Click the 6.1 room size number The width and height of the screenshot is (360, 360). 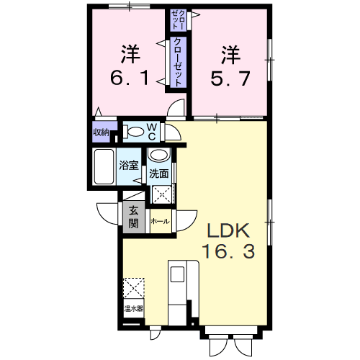click(130, 77)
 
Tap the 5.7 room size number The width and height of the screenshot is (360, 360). click(231, 77)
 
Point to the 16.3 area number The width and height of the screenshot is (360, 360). click(229, 253)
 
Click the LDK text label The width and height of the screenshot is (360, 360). click(229, 232)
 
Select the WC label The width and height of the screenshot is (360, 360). click(153, 131)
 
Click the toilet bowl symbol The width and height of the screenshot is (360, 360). click(134, 132)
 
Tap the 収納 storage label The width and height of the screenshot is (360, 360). click(101, 132)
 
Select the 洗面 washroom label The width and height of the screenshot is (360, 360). click(158, 173)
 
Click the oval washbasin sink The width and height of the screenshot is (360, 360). click(158, 156)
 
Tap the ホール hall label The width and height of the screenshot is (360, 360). click(161, 222)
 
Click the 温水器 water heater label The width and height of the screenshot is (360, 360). click(133, 310)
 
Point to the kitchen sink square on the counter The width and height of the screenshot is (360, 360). click(177, 274)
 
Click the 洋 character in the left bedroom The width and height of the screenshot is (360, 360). click(130, 53)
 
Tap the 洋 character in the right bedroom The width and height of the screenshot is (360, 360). click(230, 53)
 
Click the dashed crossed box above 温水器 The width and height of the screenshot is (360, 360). click(133, 288)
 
